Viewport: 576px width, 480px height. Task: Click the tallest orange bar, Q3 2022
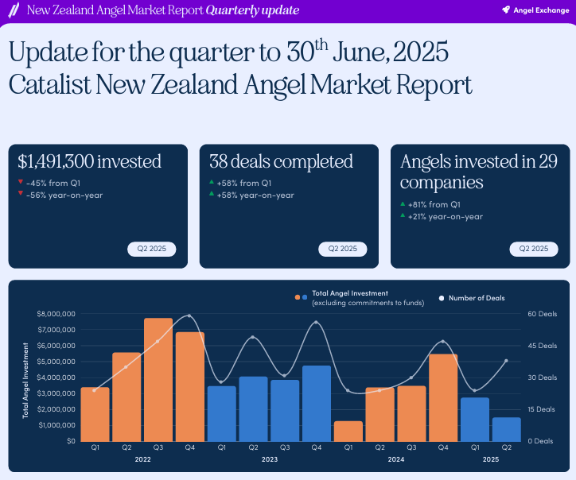pos(158,379)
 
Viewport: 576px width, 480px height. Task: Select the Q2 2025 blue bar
pos(507,429)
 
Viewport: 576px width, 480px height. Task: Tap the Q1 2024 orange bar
pos(348,432)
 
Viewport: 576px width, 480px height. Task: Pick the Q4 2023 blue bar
pos(317,403)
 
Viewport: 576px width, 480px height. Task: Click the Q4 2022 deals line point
pos(189,315)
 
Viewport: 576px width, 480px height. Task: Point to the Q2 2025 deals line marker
pos(506,361)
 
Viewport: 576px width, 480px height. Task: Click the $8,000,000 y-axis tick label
pos(56,314)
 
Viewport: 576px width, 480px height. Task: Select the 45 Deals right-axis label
pos(543,346)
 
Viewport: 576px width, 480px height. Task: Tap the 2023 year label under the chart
pos(269,459)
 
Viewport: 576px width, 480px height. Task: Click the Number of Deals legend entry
pos(472,298)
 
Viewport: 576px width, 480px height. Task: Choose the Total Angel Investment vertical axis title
pos(25,381)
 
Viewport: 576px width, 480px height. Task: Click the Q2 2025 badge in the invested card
pos(152,249)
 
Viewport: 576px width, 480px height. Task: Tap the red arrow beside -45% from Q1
pos(21,182)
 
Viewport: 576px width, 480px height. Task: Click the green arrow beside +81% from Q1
pos(403,203)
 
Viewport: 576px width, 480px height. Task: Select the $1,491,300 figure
pos(56,161)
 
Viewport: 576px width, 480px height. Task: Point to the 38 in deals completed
pos(218,161)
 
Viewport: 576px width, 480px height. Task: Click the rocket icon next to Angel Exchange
pos(506,10)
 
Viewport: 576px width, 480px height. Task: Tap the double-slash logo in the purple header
pos(14,10)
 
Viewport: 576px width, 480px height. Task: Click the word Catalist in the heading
pos(50,85)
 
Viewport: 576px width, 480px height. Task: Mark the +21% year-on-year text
pos(446,217)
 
